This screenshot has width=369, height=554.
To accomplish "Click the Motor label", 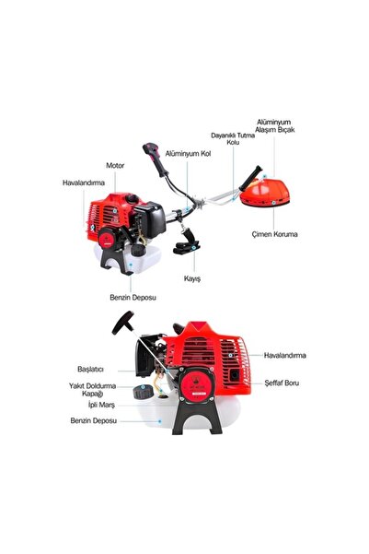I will [x=114, y=165].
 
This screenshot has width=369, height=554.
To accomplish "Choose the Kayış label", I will [x=192, y=277].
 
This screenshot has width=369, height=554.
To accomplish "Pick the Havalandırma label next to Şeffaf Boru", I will [x=285, y=355].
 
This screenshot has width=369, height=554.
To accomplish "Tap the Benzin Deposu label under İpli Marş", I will [x=91, y=421].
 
